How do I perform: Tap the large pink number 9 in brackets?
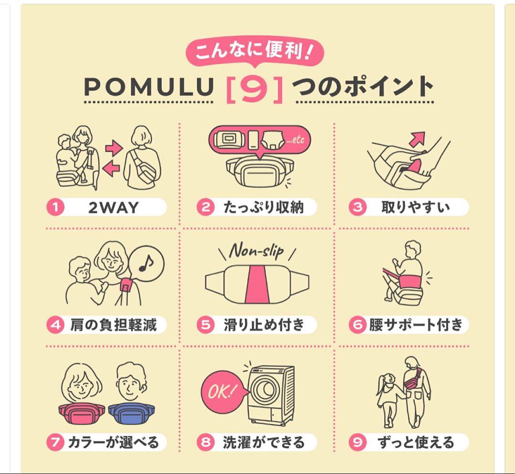click(x=254, y=88)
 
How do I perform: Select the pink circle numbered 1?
click(x=55, y=208)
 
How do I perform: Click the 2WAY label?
click(x=113, y=208)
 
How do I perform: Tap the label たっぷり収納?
click(x=263, y=208)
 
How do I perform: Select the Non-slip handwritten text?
click(x=256, y=251)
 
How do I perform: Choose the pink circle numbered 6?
click(x=357, y=325)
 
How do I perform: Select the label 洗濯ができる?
click(x=263, y=443)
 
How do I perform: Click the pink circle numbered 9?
click(x=357, y=443)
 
